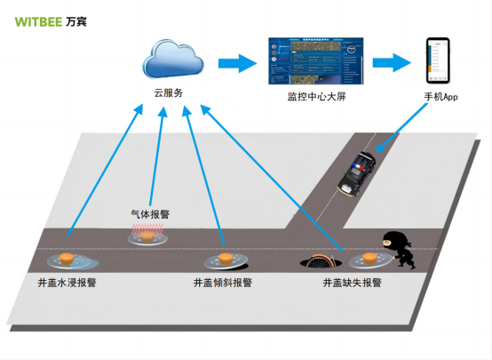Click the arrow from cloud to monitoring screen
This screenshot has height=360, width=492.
pyautogui.click(x=236, y=63)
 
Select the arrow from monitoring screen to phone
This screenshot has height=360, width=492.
pyautogui.click(x=391, y=63)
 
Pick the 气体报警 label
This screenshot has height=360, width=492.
pyautogui.click(x=150, y=214)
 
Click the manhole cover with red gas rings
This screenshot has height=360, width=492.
pyautogui.click(x=150, y=235)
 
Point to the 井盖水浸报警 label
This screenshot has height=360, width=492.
pyautogui.click(x=67, y=283)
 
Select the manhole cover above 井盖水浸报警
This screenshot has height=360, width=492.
pyautogui.click(x=65, y=260)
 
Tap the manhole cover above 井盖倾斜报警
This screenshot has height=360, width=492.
pyautogui.click(x=224, y=260)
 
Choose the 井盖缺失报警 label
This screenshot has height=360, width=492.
pyautogui.click(x=352, y=283)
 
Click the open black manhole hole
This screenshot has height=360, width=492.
pyautogui.click(x=321, y=263)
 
